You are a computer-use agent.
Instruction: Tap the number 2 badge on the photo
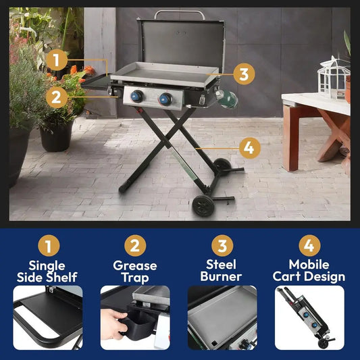[x=58, y=96]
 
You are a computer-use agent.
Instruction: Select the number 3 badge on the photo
[x=244, y=74]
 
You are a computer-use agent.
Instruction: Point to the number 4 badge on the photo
[x=249, y=147]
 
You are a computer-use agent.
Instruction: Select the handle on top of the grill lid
[x=179, y=14]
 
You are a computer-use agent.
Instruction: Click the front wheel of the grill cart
[x=203, y=205]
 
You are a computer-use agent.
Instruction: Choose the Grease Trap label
[x=135, y=271]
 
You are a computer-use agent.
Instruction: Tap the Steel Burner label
[x=222, y=271]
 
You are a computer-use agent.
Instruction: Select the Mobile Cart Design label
[x=309, y=271]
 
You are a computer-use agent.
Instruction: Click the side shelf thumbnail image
[x=48, y=317]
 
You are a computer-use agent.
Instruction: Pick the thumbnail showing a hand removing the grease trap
[x=135, y=317]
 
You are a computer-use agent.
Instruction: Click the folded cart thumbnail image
[x=309, y=317]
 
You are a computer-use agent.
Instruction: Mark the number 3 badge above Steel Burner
[x=222, y=245]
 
